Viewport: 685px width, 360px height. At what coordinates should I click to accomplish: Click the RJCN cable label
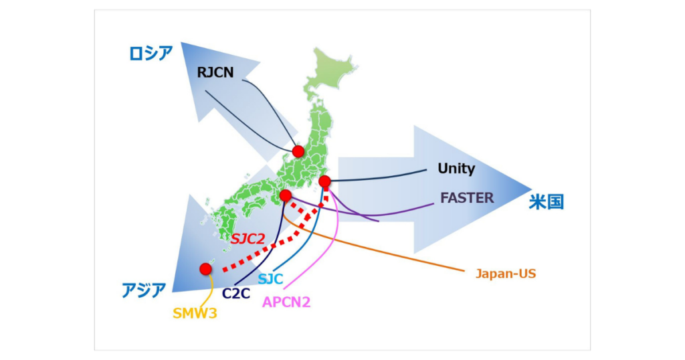coord(215,72)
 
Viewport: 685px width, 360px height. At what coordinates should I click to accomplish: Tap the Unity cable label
coord(456,169)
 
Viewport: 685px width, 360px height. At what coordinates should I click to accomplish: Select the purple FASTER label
coord(467,197)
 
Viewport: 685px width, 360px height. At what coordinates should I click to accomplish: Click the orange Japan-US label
coord(506,273)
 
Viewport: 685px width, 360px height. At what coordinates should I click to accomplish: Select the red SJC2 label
coord(249,238)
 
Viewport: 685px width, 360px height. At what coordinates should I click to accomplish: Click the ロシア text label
coord(151,54)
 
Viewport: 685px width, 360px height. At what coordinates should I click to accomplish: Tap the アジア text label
coord(144,290)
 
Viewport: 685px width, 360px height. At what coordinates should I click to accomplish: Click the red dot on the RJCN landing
coord(298,151)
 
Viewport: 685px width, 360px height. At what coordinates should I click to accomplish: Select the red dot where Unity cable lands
coord(324,181)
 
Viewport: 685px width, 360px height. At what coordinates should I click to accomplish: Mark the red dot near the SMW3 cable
coord(205,269)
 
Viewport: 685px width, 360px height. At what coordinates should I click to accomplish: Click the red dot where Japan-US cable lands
coord(285,195)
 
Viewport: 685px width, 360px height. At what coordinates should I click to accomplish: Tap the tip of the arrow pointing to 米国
coord(532,189)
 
